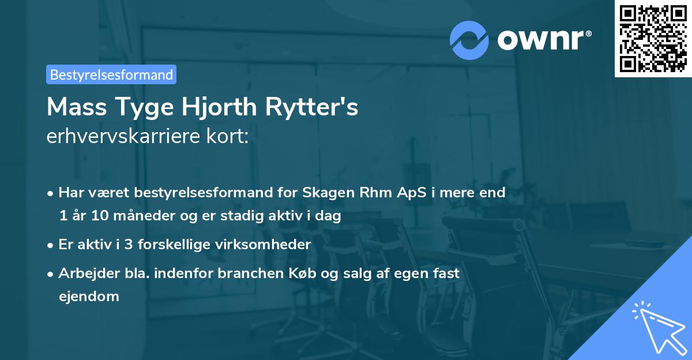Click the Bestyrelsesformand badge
click(111, 74)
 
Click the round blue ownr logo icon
click(469, 40)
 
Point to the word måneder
click(132, 216)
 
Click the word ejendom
click(89, 297)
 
